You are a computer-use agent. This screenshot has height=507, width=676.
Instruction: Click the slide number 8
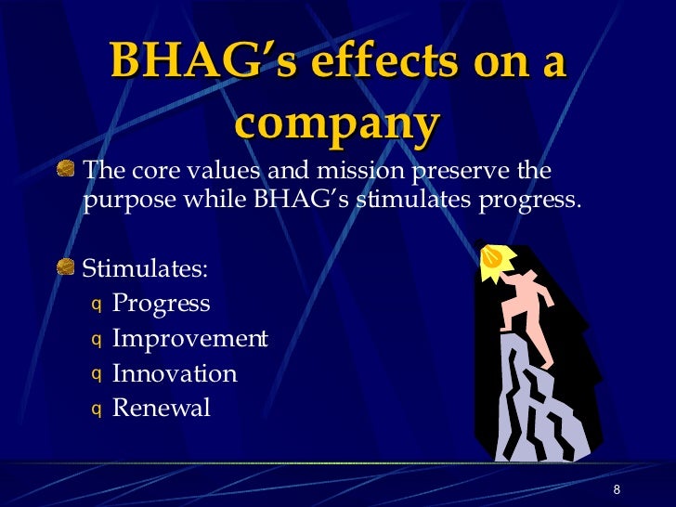tap(616, 490)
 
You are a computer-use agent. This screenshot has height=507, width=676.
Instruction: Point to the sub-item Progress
tap(161, 304)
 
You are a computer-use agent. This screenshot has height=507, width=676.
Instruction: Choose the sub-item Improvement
tap(189, 339)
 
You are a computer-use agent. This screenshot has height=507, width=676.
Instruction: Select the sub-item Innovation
tap(175, 374)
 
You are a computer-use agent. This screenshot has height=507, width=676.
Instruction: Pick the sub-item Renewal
tap(162, 409)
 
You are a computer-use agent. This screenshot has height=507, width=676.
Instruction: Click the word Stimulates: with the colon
tap(146, 269)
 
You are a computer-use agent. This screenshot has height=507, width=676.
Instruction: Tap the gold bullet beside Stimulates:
tap(66, 268)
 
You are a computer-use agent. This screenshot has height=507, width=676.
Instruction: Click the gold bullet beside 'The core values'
tap(66, 169)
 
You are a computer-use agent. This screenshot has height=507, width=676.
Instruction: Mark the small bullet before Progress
tap(95, 305)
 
